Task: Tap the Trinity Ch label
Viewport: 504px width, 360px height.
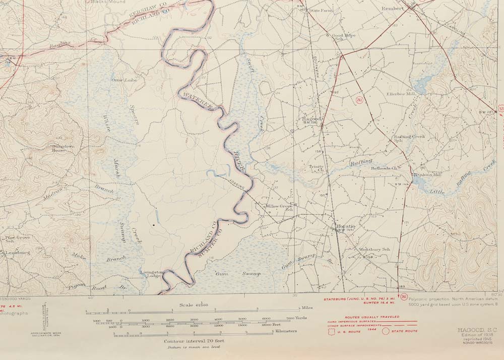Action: click(317, 168)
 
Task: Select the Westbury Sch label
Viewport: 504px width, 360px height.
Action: click(374, 249)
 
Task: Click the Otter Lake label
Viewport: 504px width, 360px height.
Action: click(124, 80)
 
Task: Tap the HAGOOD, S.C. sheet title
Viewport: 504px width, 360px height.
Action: click(470, 330)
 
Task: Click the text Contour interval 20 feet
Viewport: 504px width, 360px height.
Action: click(194, 341)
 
